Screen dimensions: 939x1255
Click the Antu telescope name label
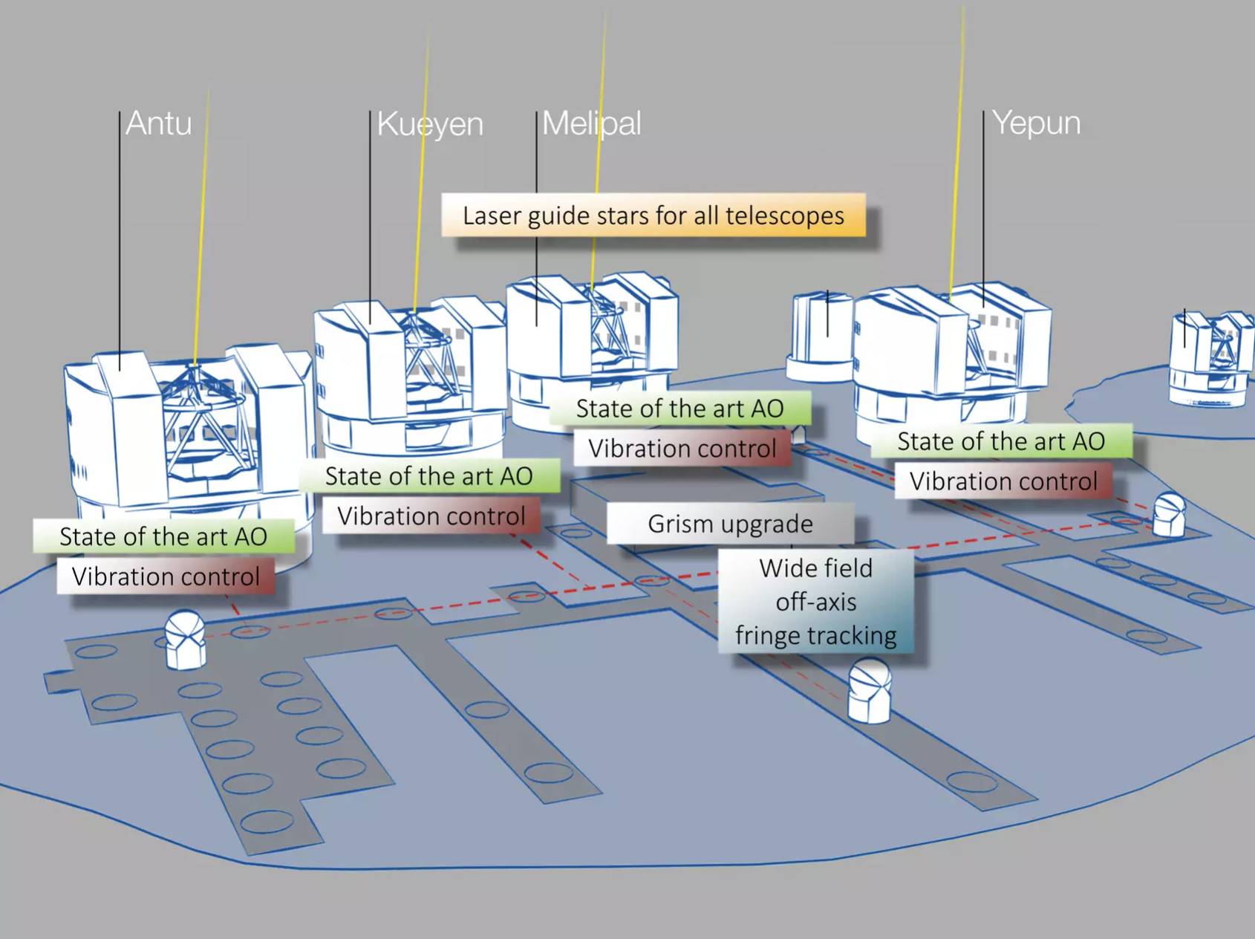click(x=158, y=123)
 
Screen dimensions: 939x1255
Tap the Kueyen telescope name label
click(x=430, y=124)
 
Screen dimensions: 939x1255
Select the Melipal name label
click(x=591, y=123)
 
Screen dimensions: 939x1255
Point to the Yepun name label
click(x=1036, y=123)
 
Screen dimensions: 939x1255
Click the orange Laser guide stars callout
click(x=653, y=215)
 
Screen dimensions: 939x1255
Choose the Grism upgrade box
click(x=730, y=524)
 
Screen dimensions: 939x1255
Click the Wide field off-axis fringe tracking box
click(x=815, y=602)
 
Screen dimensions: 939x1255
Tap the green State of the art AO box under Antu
click(x=163, y=536)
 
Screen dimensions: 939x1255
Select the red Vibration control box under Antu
click(x=166, y=576)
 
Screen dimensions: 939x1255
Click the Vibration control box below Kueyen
click(x=431, y=516)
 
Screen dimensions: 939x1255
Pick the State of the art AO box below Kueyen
click(x=429, y=476)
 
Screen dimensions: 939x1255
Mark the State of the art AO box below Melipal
click(x=679, y=409)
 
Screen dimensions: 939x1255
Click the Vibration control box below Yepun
click(x=1003, y=481)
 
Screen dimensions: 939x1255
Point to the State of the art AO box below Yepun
click(x=1001, y=441)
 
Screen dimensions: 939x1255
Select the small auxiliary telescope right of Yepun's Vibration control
click(x=1169, y=514)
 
